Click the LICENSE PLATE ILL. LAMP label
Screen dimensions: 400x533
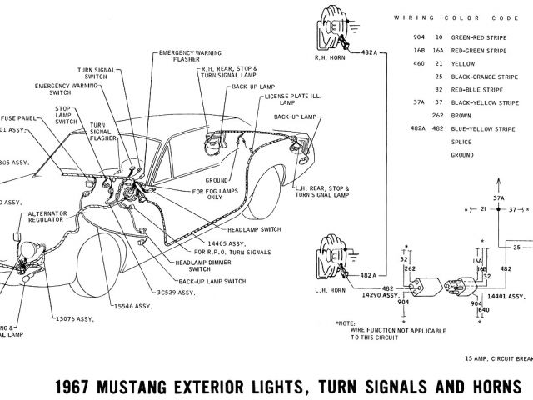287,99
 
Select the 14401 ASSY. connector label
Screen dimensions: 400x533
508,296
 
